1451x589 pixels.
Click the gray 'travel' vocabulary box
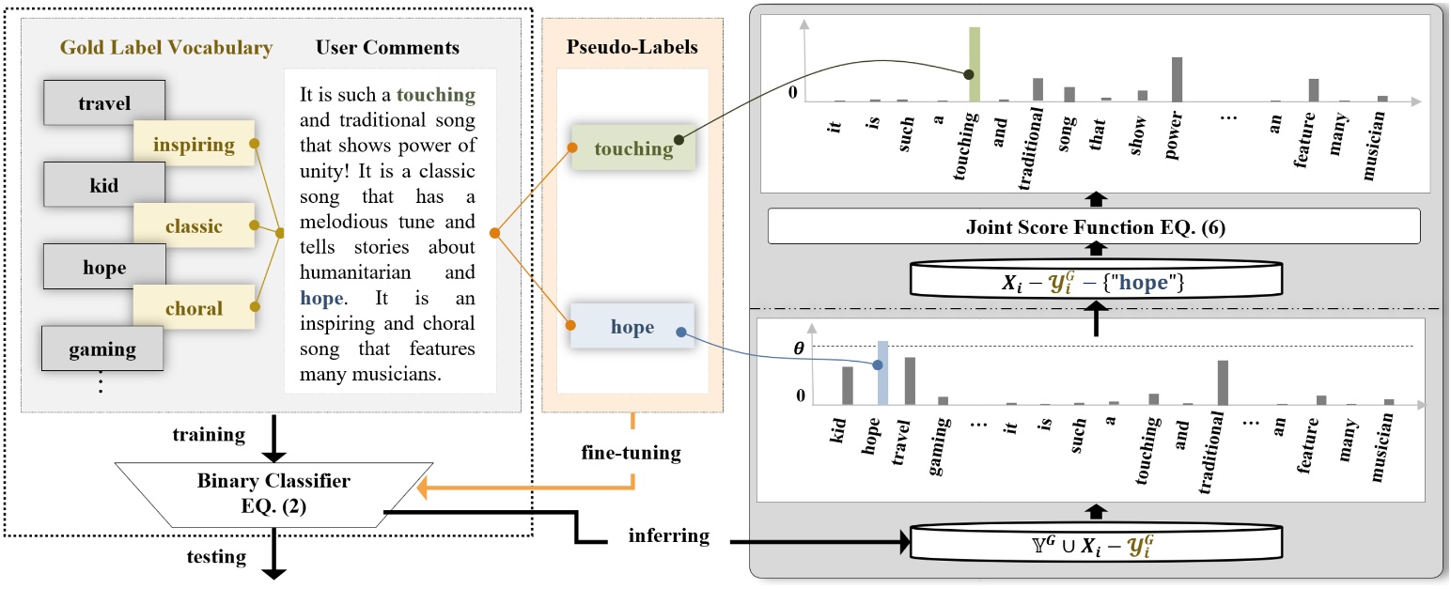click(x=103, y=103)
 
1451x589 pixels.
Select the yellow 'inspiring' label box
click(x=194, y=146)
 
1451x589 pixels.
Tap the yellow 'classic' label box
click(x=194, y=226)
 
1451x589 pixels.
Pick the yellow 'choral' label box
click(x=194, y=308)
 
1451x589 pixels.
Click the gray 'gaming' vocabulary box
click(x=103, y=349)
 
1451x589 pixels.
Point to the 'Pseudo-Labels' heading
click(x=632, y=47)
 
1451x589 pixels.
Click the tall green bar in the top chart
click(x=975, y=64)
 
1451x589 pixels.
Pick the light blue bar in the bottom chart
click(x=882, y=372)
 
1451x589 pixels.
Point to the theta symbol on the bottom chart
click(x=800, y=348)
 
